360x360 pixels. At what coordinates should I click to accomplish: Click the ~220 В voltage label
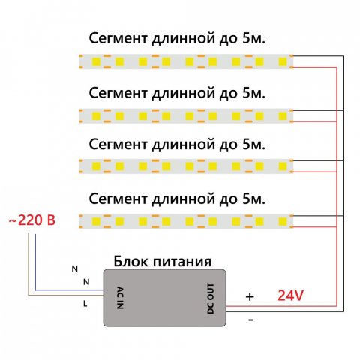click(32, 221)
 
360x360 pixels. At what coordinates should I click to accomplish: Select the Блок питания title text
click(161, 262)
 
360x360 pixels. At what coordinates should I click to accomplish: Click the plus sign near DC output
click(250, 297)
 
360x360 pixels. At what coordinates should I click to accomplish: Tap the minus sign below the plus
click(250, 319)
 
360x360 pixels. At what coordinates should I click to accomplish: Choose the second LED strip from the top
click(184, 114)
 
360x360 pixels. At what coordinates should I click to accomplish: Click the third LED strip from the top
click(184, 165)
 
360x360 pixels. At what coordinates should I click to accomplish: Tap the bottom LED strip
click(184, 220)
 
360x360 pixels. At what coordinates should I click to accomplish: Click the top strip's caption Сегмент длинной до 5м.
click(177, 39)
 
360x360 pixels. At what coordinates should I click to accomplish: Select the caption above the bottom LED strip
click(177, 199)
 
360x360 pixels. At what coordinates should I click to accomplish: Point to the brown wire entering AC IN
click(67, 298)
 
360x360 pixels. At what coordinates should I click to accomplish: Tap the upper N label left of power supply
click(73, 268)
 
